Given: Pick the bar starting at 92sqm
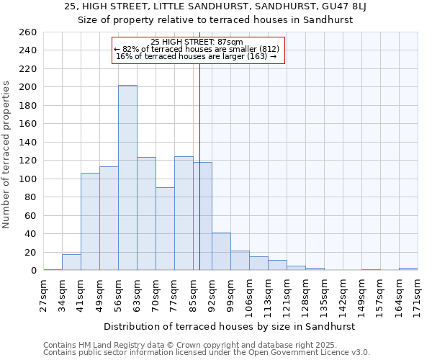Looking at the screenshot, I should (x=221, y=252).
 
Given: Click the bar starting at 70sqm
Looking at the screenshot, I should (x=165, y=229).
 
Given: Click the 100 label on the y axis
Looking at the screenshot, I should (x=29, y=179).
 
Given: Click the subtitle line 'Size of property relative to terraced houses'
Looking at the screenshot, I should (x=215, y=20).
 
